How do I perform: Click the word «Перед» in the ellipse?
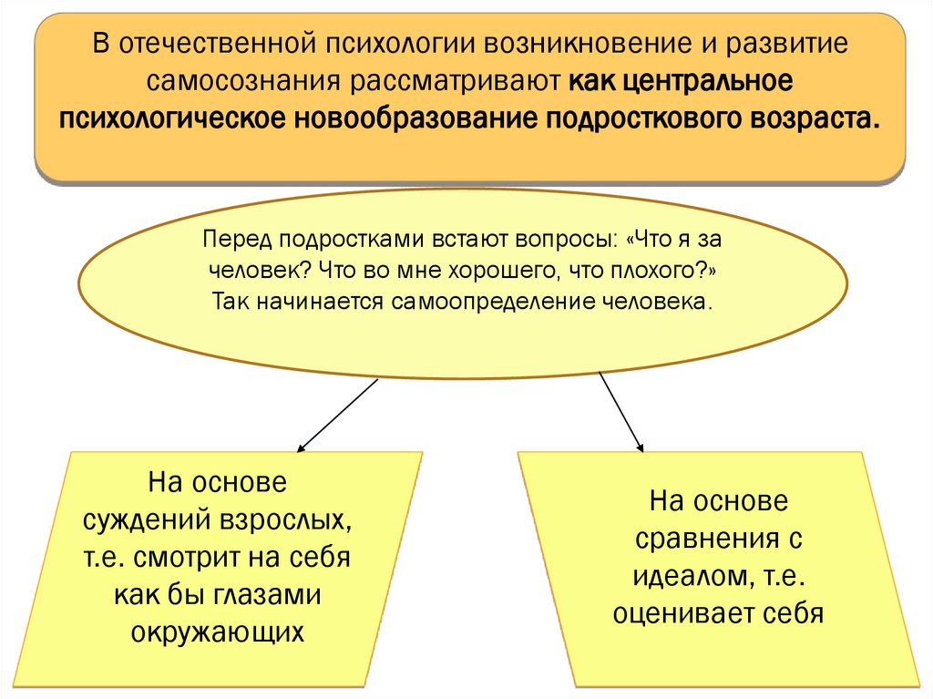[239, 240]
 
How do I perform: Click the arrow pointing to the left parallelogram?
[337, 415]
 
